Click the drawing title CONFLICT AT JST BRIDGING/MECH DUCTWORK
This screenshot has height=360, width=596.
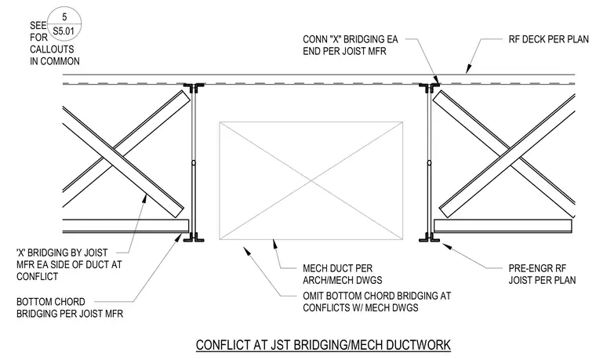coord(323,345)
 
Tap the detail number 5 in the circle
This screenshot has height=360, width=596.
coord(64,17)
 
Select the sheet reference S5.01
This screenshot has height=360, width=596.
coord(64,31)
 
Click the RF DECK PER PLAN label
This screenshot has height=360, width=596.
coord(548,39)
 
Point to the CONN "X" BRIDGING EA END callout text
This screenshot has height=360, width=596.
coord(350,45)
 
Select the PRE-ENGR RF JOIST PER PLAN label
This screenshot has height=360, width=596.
coord(542,275)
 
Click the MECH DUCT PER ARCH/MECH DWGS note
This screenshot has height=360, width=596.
coord(343,275)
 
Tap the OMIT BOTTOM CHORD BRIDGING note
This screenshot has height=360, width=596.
coord(376,301)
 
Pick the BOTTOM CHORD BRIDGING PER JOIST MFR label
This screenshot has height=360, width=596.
coord(70,307)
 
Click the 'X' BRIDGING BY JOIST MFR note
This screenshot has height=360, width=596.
coord(69,264)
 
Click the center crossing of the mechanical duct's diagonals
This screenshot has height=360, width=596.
coord(311,181)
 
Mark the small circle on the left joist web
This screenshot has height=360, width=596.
coord(194,163)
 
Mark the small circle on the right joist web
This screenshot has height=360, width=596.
coord(429,163)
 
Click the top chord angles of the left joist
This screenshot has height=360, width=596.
coord(194,87)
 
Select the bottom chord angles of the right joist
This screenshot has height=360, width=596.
coord(429,238)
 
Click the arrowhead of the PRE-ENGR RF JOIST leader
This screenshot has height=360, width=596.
coord(448,246)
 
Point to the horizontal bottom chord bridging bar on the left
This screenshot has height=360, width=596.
coord(125,226)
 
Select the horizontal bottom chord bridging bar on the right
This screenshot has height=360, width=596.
coord(503,226)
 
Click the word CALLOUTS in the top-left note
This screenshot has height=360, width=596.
coord(52,49)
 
